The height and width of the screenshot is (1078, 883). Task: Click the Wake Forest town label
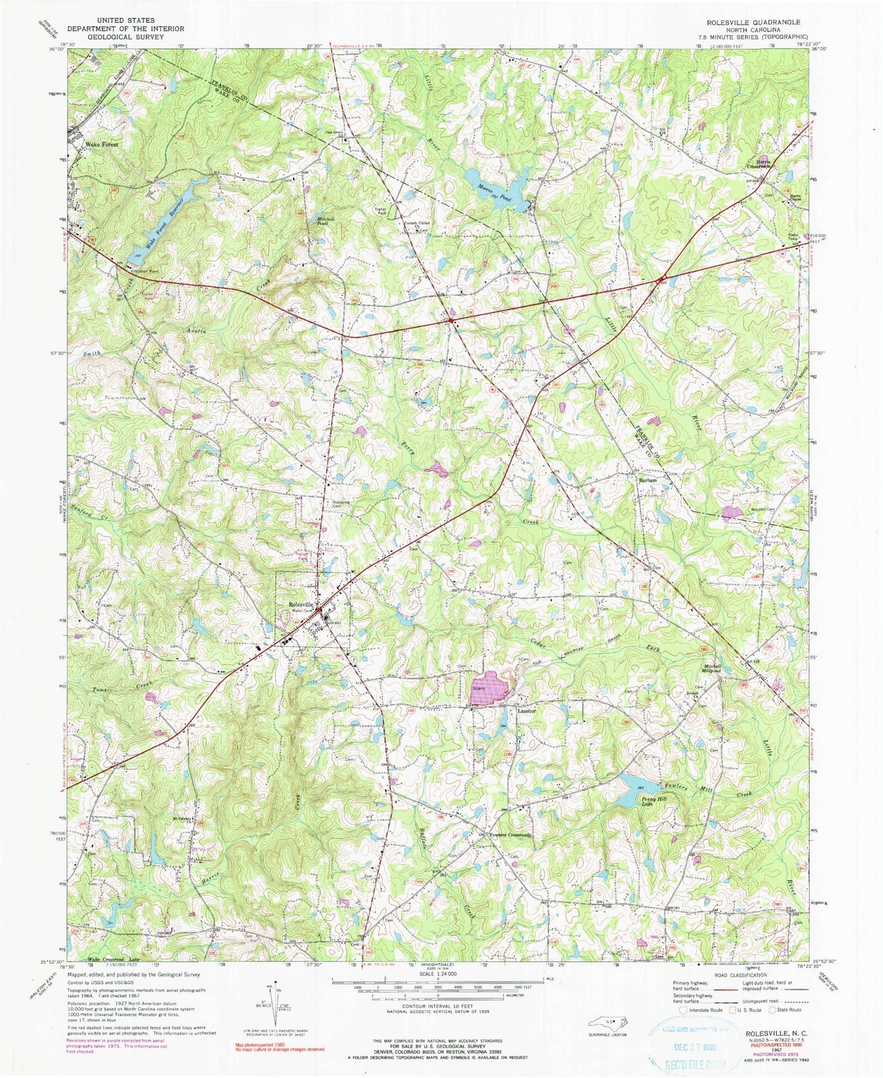pos(102,144)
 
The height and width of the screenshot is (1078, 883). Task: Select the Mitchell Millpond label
pos(713,669)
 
